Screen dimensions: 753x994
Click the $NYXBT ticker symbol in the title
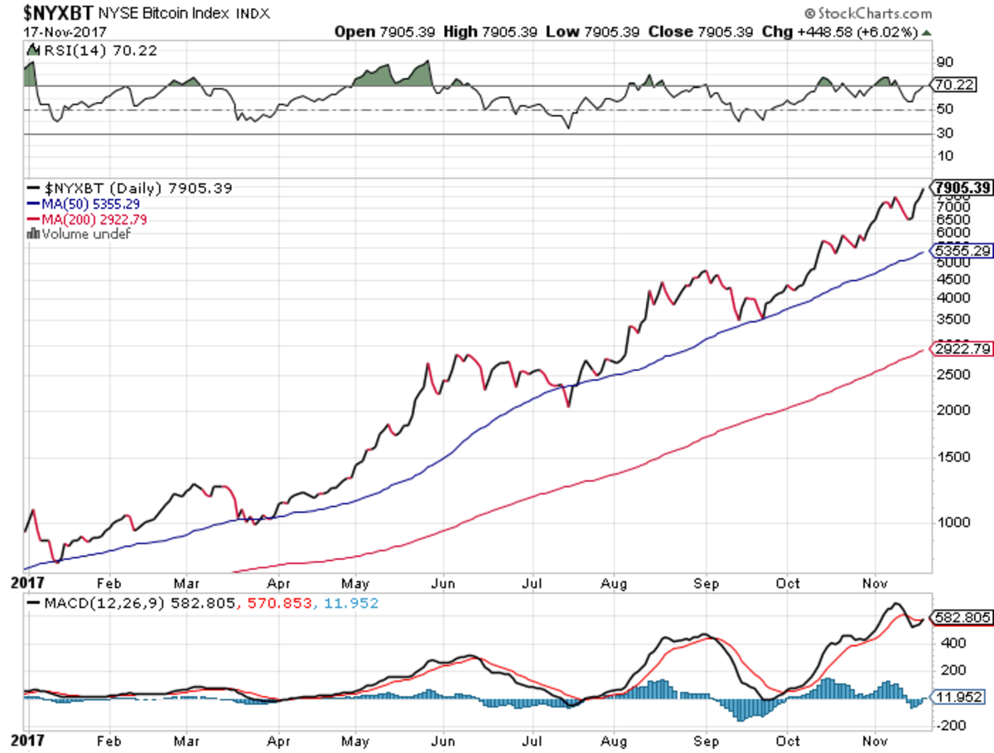(50, 12)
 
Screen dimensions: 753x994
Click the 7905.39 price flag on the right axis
(963, 188)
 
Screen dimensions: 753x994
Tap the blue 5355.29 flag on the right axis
(962, 251)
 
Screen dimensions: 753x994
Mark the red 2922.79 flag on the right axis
(962, 349)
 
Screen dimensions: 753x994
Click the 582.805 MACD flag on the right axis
(961, 618)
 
